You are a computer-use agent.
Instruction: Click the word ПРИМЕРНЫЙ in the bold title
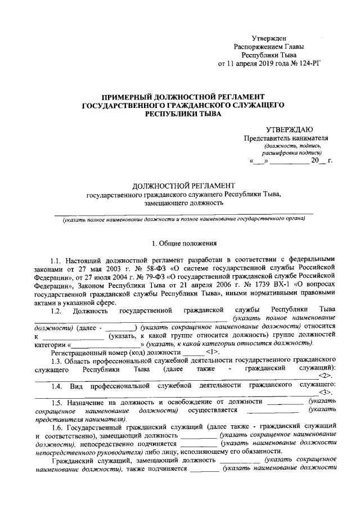coord(118,97)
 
